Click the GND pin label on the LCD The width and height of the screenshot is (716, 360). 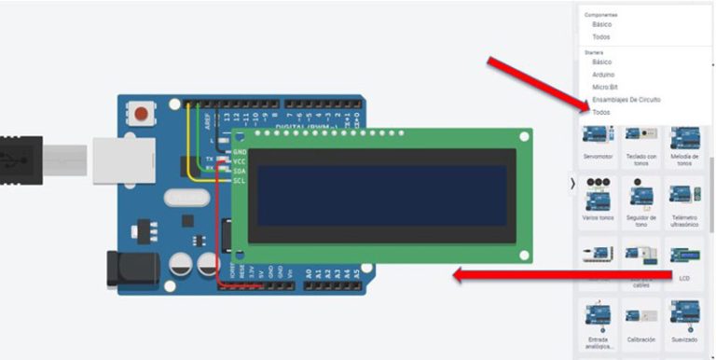(239, 151)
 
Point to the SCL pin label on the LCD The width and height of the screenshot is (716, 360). (239, 180)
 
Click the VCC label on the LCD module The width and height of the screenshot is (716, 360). (239, 160)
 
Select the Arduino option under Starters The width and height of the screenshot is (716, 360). (603, 74)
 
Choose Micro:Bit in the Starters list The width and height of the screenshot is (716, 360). (605, 87)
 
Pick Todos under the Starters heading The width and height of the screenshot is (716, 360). (601, 112)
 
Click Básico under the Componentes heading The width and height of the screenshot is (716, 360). (602, 24)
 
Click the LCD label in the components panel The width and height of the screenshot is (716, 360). (684, 279)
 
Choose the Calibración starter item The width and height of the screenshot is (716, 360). (641, 321)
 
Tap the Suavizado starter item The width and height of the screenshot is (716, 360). (684, 321)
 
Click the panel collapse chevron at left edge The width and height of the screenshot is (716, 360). (572, 184)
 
